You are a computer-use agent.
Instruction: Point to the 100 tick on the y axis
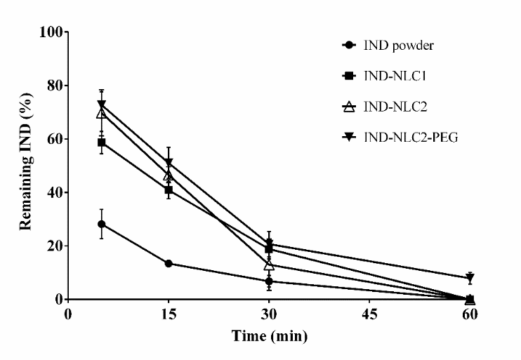point(50,32)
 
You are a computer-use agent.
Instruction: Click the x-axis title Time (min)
point(270,336)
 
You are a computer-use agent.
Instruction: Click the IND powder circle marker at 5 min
point(102,224)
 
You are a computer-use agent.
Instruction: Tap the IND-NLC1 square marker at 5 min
point(102,142)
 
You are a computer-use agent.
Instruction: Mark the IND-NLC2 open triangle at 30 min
point(269,265)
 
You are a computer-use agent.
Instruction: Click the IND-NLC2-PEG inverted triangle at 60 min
point(470,278)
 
